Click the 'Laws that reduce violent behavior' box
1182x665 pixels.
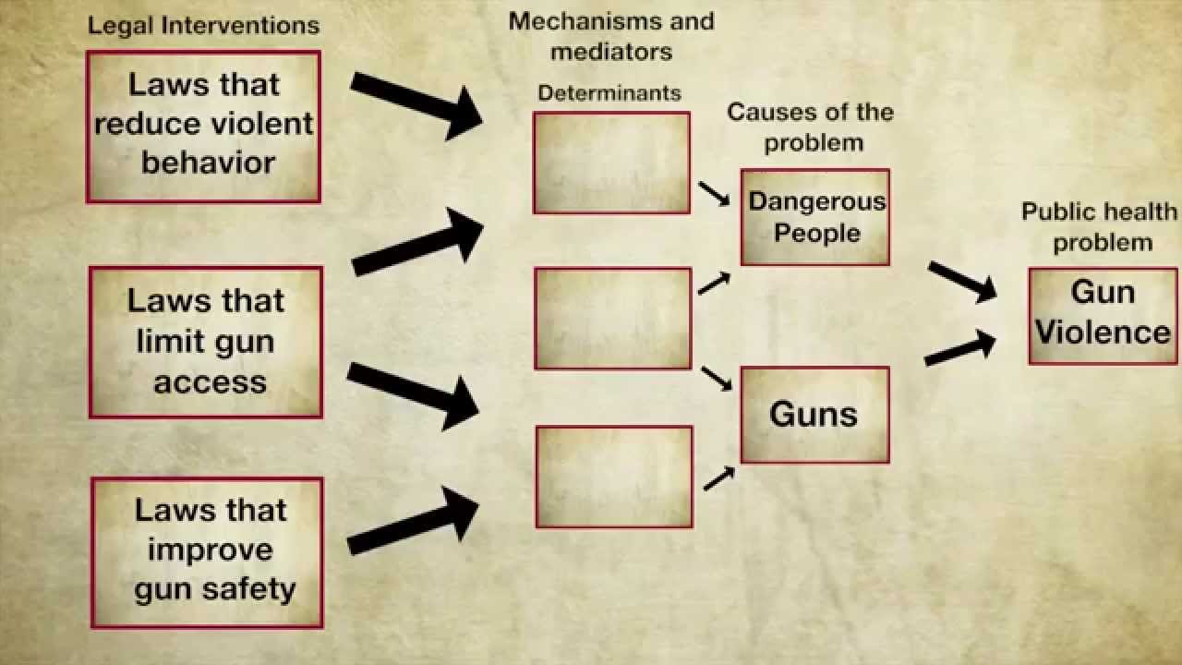[x=203, y=127]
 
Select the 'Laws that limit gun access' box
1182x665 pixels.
[x=206, y=342]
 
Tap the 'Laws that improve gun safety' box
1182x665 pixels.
[x=207, y=552]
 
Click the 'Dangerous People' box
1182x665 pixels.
[x=814, y=217]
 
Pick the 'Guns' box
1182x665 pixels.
[x=814, y=415]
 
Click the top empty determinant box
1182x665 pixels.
[x=611, y=163]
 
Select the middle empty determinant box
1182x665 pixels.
[x=613, y=318]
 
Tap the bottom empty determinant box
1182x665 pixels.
[x=614, y=477]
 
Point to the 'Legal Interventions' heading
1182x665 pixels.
[x=203, y=25]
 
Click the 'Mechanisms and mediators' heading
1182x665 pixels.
[x=611, y=35]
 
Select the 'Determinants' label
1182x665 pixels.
[x=609, y=92]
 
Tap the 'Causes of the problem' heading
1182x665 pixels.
[x=811, y=127]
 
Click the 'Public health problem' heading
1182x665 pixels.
[x=1100, y=226]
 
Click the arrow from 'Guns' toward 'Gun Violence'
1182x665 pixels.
[x=960, y=349]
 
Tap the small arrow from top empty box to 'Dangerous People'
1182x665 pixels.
[x=714, y=194]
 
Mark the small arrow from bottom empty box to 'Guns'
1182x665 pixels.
[x=718, y=478]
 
